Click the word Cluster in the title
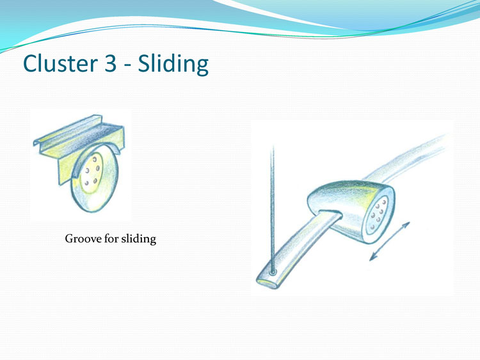[60, 63]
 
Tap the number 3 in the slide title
[111, 63]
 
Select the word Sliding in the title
[173, 63]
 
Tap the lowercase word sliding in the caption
[139, 239]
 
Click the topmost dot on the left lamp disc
[95, 159]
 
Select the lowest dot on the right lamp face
[373, 227]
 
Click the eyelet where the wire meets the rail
[273, 272]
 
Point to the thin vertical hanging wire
[273, 208]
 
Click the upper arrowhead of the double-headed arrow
[406, 225]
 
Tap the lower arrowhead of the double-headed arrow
[372, 258]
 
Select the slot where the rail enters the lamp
[332, 213]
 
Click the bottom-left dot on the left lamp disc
[86, 183]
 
